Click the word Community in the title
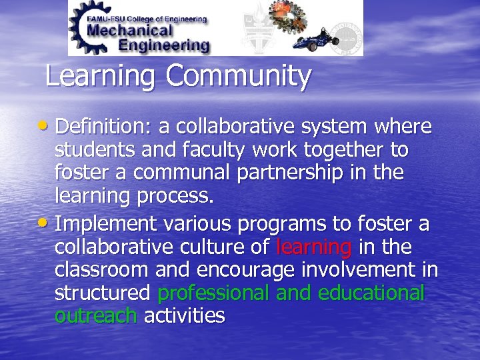point(239,77)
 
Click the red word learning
point(313,248)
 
